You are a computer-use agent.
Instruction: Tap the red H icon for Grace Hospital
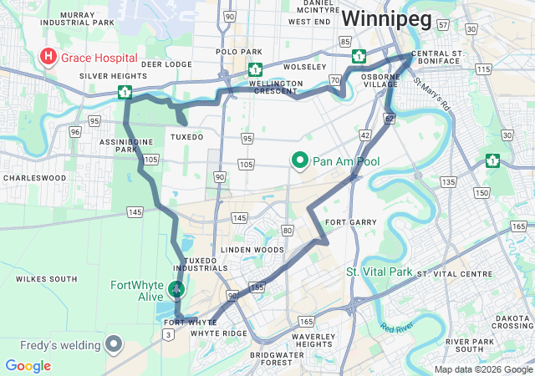(x=49, y=58)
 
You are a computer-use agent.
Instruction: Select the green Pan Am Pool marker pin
(x=300, y=160)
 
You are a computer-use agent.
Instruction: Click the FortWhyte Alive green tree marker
(x=176, y=289)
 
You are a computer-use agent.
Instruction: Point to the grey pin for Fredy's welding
(x=114, y=343)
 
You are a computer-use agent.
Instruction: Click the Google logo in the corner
(x=28, y=366)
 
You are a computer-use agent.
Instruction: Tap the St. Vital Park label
(x=380, y=272)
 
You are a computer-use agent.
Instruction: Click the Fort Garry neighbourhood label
(x=345, y=222)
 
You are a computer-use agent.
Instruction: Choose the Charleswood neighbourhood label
(x=33, y=177)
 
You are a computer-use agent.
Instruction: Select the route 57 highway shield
(x=441, y=25)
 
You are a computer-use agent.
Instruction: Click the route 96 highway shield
(x=75, y=132)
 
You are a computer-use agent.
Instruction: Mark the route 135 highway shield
(x=449, y=181)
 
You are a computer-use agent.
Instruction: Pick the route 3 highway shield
(x=169, y=335)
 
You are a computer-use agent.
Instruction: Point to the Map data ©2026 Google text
(x=482, y=369)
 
